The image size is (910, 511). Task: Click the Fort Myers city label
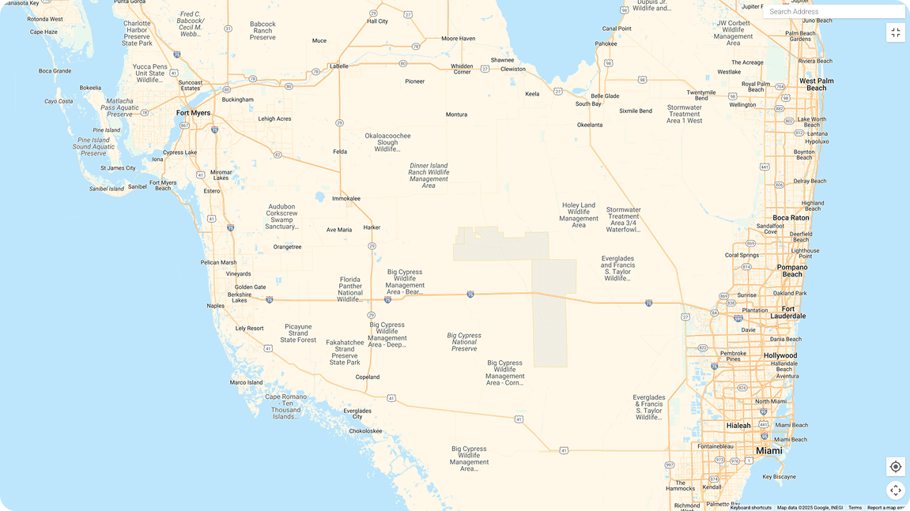click(x=193, y=113)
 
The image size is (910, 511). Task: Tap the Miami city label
click(x=768, y=451)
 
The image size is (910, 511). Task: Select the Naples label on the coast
click(x=215, y=306)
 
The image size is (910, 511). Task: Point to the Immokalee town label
click(x=346, y=198)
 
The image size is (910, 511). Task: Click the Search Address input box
click(x=833, y=12)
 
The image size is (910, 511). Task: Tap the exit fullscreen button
click(x=895, y=32)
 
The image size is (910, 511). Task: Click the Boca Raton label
click(x=791, y=218)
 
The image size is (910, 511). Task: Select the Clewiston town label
click(x=512, y=69)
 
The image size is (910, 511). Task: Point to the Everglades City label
click(x=357, y=411)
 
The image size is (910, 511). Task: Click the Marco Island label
click(x=246, y=382)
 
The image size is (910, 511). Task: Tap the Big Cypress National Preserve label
click(x=463, y=341)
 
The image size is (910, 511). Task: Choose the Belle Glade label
click(x=605, y=96)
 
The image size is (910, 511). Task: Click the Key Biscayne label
click(x=779, y=477)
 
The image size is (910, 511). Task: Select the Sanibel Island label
click(x=105, y=189)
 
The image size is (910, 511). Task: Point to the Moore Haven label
click(x=458, y=38)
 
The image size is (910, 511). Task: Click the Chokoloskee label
click(x=365, y=431)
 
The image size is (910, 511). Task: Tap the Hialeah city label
click(x=738, y=426)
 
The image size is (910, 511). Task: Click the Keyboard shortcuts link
click(x=750, y=508)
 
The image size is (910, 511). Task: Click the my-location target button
click(x=895, y=467)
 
